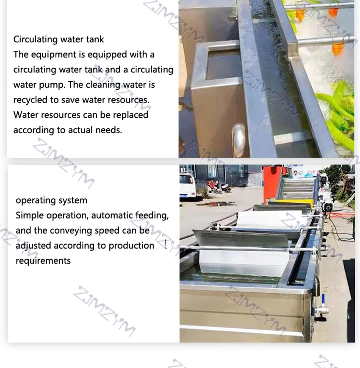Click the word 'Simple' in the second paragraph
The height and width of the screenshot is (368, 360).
(29, 215)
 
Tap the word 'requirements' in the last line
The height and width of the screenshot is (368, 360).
(43, 260)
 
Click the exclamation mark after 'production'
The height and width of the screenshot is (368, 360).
(165, 245)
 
